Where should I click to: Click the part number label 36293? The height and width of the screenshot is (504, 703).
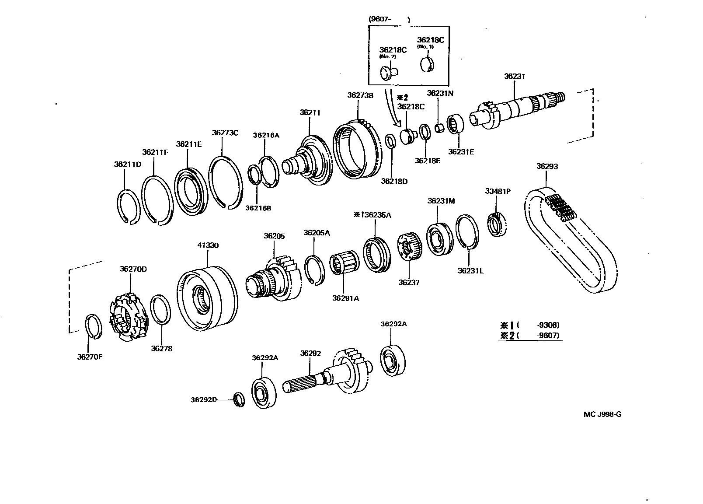pos(547,166)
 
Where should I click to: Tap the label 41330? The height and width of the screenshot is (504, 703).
pos(207,245)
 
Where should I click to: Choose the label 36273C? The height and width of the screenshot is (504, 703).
pos(225,133)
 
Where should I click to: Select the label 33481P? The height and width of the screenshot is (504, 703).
pos(498,191)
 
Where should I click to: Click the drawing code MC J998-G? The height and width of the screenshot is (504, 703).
pos(602,414)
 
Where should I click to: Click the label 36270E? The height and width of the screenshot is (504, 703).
pos(90,357)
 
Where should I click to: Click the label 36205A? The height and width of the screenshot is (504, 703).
pos(317,233)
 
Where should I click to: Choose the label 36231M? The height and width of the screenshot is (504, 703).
pos(441,201)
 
